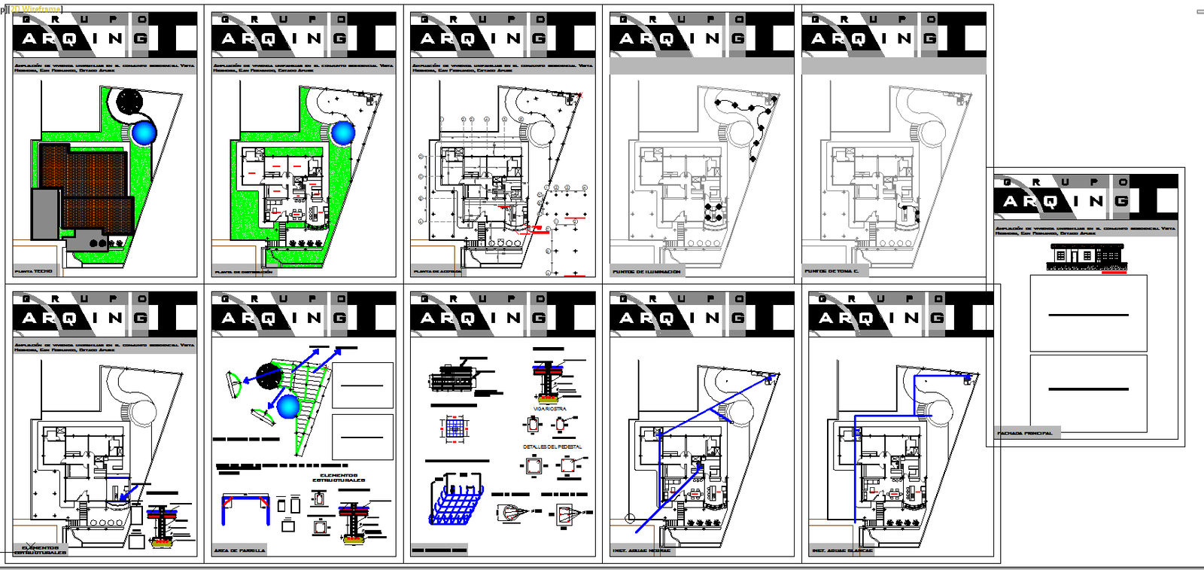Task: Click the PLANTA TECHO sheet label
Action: coord(34,271)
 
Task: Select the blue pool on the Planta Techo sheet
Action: coord(143,133)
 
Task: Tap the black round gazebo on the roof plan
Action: coord(129,100)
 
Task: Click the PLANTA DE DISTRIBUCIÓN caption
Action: coord(244,272)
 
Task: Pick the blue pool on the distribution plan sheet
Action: coord(343,133)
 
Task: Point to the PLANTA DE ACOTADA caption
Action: coord(438,272)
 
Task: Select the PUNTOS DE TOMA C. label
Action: coord(831,271)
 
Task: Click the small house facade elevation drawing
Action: coord(1087,257)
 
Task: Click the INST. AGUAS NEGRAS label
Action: coord(641,550)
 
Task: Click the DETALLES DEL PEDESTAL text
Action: coord(552,447)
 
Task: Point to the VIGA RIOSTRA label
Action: coord(549,409)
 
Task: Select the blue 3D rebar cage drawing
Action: coord(455,499)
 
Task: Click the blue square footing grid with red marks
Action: coord(453,428)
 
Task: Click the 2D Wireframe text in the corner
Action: coord(35,8)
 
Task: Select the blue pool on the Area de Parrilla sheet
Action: coord(288,407)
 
